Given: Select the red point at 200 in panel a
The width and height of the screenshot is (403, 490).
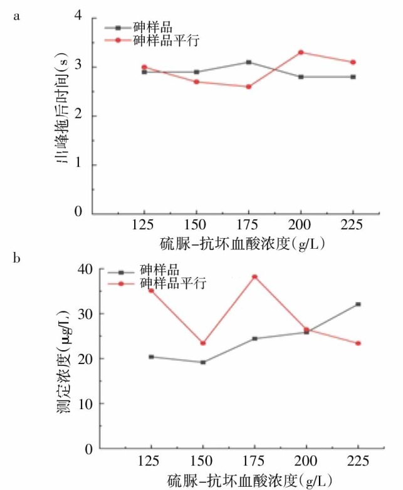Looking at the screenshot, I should pos(301,52).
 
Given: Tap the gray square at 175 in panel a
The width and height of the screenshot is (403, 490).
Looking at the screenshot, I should pos(249,62).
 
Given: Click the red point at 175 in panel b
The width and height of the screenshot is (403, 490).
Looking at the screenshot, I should pos(254,277).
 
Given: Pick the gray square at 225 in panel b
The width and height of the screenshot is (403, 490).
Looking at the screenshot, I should pos(358,305).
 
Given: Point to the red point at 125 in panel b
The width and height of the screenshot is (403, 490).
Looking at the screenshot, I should pos(151,290).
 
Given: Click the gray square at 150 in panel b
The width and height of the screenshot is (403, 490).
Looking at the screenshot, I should pos(202,362).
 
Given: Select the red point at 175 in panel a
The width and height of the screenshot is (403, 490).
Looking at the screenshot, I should pos(249,86).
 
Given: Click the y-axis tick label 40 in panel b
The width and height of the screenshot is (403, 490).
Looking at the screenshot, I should pos(85,269).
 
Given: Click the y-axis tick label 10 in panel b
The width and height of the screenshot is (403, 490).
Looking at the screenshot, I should pos(85,404).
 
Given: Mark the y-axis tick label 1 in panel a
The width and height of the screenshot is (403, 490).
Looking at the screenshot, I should pos(78,165).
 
